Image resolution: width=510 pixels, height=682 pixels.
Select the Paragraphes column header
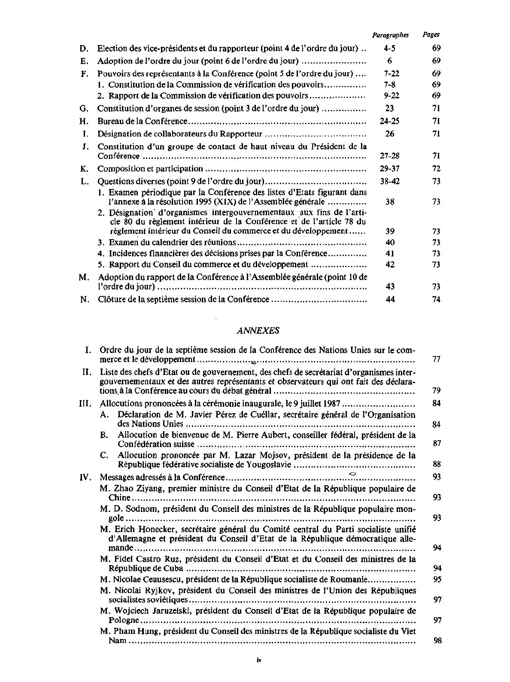click(390, 35)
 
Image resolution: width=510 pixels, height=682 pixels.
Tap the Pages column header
click(431, 35)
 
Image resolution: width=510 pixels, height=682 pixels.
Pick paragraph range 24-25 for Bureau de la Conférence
click(390, 122)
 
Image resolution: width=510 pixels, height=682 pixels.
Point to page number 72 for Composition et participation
click(436, 169)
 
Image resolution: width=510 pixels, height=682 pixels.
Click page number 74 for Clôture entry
click(436, 299)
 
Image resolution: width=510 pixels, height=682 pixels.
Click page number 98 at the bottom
click(437, 641)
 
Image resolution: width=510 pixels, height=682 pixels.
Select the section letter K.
click(84, 169)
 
